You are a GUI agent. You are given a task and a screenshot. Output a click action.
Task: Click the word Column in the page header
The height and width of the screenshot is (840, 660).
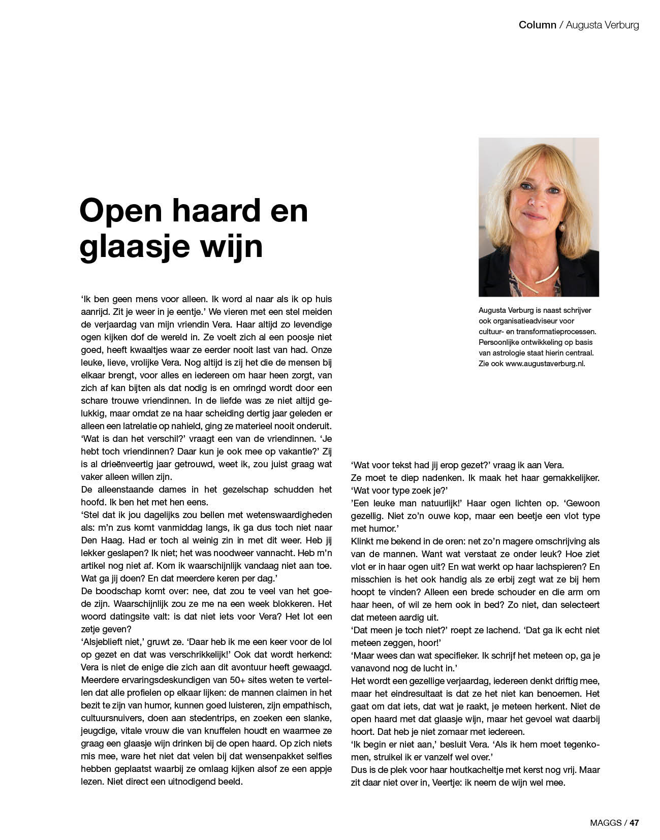click(x=537, y=25)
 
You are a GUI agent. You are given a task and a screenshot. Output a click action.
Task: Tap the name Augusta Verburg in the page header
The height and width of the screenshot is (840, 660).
click(x=602, y=25)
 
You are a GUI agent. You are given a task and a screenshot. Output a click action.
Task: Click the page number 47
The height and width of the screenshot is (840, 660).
click(x=634, y=823)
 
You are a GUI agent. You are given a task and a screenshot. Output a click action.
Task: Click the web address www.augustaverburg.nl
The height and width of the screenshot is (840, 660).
click(x=545, y=364)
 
